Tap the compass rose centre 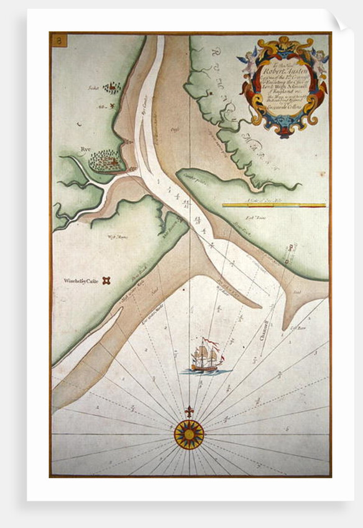click(x=188, y=434)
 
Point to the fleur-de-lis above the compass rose click(x=188, y=412)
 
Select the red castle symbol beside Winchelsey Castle click(x=107, y=281)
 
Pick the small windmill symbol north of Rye click(x=113, y=107)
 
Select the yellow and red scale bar click(x=274, y=204)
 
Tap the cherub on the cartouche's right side click(x=319, y=59)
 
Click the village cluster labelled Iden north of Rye click(x=112, y=88)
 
